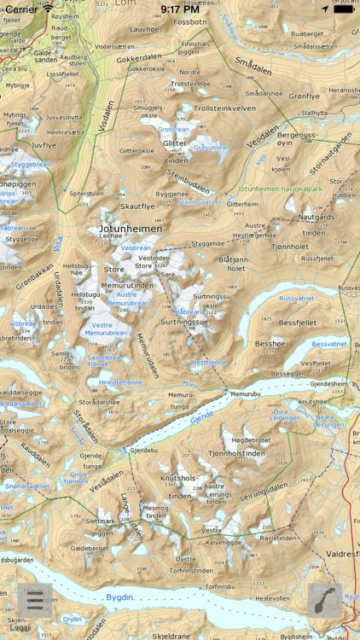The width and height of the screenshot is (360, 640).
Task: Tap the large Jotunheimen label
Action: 131,229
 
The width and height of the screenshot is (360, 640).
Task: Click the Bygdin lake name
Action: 120,597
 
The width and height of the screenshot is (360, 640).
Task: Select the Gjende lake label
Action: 202,416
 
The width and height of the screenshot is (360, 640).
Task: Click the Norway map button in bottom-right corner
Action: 325,601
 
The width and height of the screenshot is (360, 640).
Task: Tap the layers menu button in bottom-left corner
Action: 34,601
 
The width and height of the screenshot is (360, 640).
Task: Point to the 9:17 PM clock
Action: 179,9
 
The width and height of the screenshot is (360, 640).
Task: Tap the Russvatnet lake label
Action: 297,299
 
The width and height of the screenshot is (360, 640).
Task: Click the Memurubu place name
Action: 244,393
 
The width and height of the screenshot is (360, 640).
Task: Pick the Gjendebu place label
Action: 144,450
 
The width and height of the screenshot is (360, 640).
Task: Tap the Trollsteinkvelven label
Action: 225,108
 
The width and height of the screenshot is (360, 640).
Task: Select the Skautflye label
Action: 137,207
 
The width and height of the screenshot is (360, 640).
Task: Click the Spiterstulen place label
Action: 86,194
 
